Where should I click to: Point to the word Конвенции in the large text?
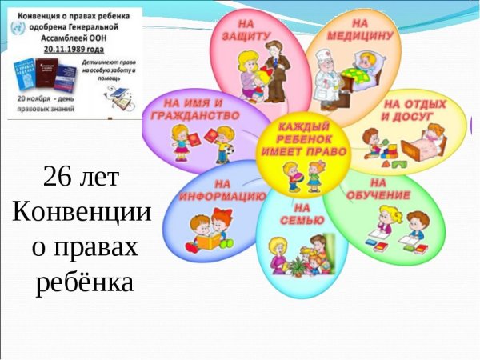click(82, 212)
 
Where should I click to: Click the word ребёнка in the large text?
click(83, 282)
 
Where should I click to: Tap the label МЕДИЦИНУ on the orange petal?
click(359, 36)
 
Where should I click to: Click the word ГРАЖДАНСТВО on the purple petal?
click(194, 115)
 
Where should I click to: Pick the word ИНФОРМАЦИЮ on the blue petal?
click(222, 195)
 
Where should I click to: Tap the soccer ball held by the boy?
click(227, 149)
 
